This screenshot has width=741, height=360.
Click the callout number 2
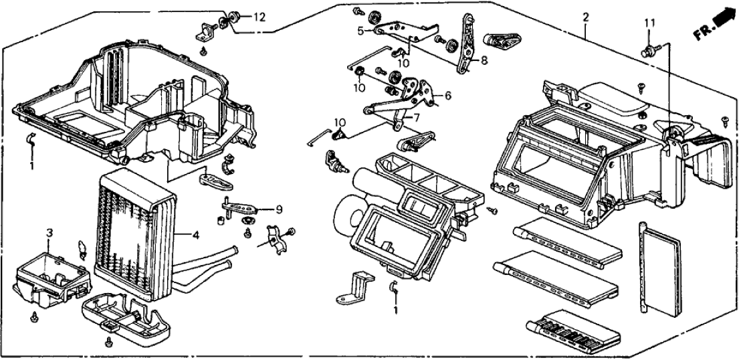(x=586, y=17)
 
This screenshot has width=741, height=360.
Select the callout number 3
(x=49, y=232)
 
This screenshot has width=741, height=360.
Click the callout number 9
(x=278, y=209)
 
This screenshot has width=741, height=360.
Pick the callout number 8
(x=485, y=60)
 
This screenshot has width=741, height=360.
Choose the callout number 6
(x=447, y=96)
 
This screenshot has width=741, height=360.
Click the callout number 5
(x=359, y=30)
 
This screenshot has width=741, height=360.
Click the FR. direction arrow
(x=714, y=25)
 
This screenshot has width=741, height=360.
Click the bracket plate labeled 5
(x=401, y=30)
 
